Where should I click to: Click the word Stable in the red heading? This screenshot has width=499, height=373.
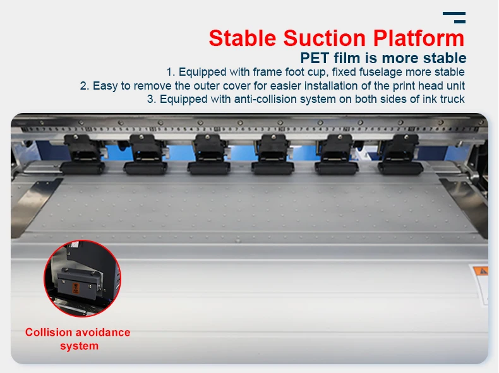[243, 38]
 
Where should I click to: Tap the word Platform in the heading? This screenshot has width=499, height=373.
[418, 38]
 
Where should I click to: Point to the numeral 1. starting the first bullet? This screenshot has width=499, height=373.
[171, 72]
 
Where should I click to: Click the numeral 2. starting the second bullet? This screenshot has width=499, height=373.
[85, 86]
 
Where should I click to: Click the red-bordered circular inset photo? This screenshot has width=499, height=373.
[82, 280]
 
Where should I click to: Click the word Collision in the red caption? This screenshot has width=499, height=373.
[48, 333]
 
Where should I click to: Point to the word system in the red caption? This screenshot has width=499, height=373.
[80, 346]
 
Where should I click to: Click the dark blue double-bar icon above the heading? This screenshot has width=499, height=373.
[454, 18]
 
